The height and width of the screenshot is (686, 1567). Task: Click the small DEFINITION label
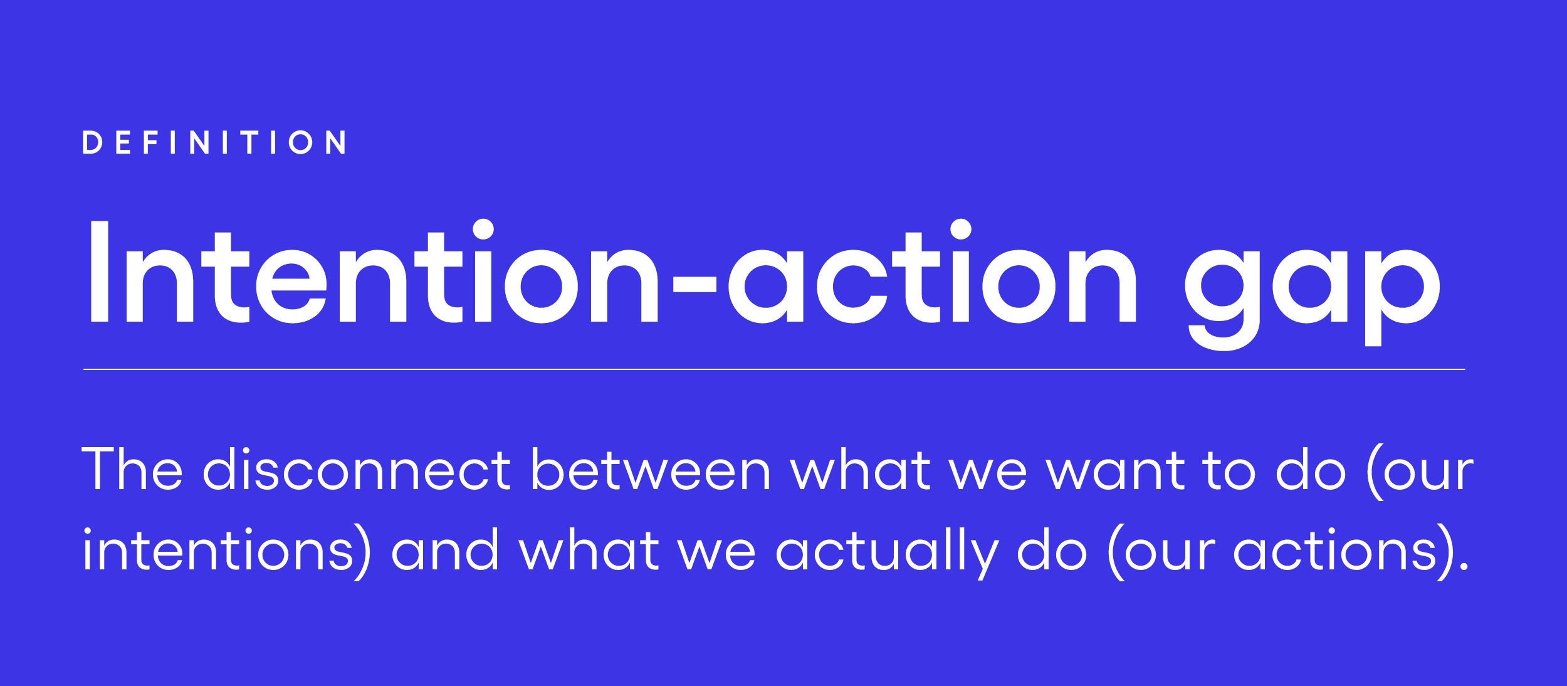(x=214, y=142)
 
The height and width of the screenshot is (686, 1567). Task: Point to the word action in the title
(x=932, y=272)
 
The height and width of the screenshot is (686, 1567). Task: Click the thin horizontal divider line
(x=774, y=369)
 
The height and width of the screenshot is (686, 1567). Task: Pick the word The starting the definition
(x=132, y=469)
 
